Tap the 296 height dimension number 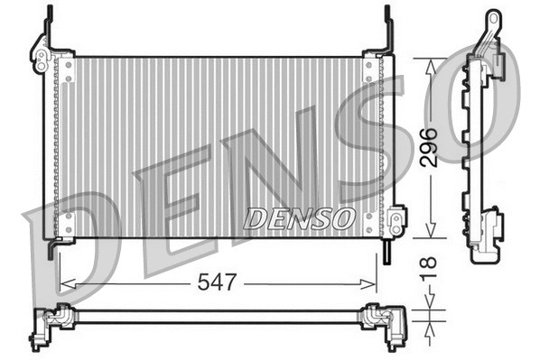(431, 147)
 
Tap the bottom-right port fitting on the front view (396, 220)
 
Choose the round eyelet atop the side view (492, 19)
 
